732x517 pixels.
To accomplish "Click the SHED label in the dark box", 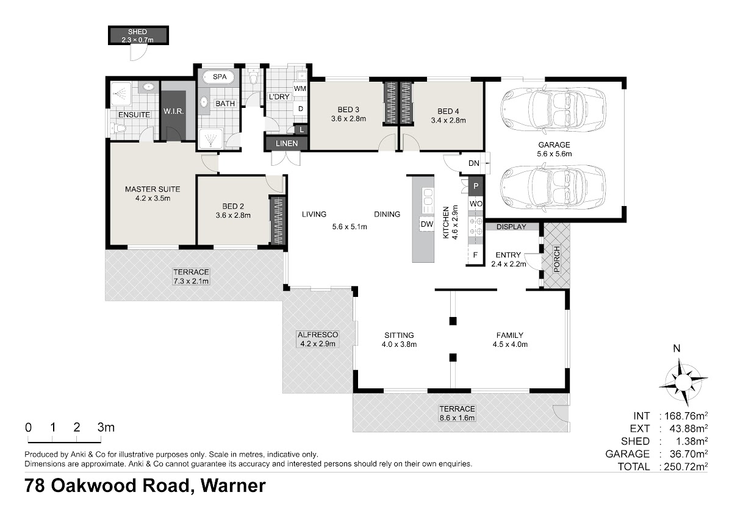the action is pos(137,32).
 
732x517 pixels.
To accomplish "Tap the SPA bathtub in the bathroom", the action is pos(218,77).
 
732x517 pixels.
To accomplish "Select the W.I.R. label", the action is pos(173,112).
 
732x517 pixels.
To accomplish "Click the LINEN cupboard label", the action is pos(287,143).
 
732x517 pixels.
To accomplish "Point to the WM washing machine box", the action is pos(300,88).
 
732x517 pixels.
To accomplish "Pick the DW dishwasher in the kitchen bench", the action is pos(427,224).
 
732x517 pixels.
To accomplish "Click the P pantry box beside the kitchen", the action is pos(476,186).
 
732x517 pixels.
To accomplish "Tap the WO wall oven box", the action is pos(476,204).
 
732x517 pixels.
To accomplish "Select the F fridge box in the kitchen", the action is pos(475,255).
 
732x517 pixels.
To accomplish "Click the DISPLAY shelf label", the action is pos(511,227).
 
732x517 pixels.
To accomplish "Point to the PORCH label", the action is pos(557,259).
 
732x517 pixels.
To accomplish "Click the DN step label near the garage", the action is pos(473,163).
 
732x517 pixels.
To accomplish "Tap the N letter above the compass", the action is pos(676,349).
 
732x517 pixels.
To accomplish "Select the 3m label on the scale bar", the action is pos(106,427).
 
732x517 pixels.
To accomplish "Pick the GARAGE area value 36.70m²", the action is pos(687,454).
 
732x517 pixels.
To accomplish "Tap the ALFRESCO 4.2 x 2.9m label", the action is pos(318,339).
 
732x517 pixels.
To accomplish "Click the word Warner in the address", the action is pos(233,485).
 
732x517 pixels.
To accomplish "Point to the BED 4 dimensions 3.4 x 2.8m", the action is pos(448,120).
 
